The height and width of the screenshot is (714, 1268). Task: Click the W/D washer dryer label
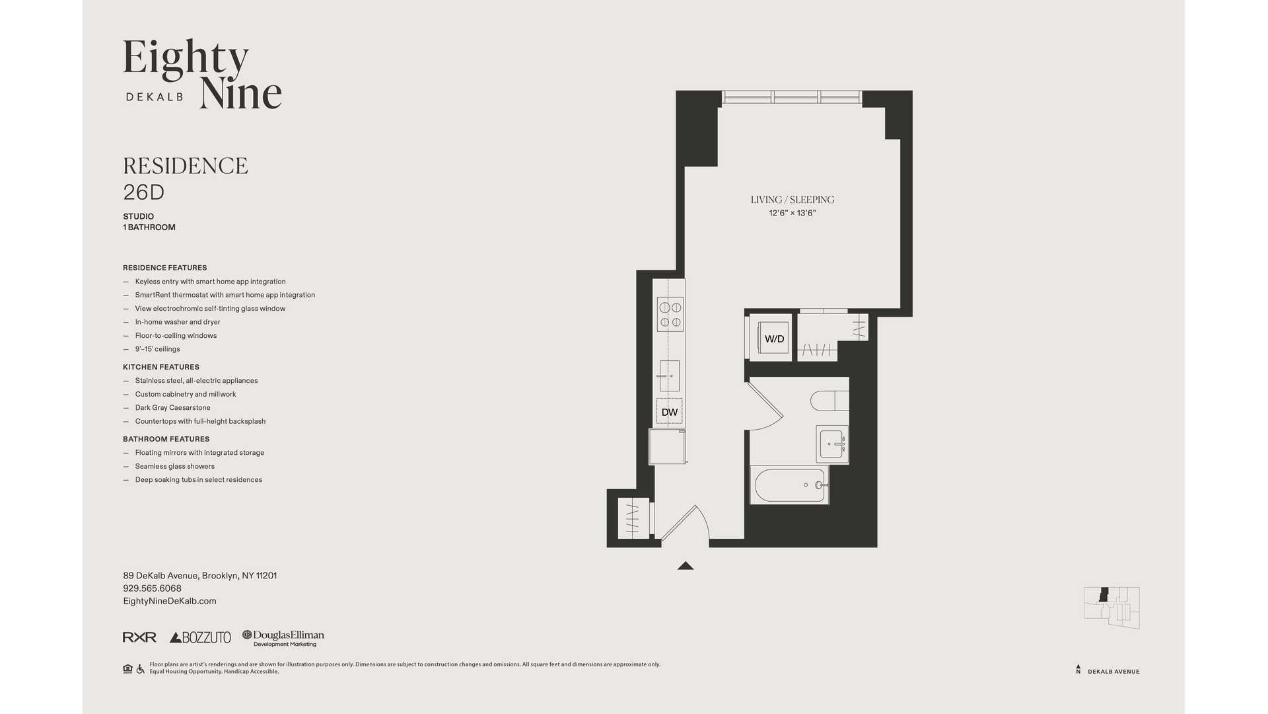point(774,339)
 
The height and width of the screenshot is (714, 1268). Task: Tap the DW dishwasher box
point(669,412)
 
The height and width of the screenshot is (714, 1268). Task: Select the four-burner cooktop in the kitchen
point(670,315)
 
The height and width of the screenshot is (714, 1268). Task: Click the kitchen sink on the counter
point(669,376)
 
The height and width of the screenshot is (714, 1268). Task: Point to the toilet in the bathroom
point(829,401)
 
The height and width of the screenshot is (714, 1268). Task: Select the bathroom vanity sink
point(831,444)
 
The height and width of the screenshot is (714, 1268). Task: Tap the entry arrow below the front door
point(685,566)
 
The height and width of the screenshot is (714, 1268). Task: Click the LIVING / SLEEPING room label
point(792,200)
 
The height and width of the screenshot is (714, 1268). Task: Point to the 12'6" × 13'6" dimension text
point(792,214)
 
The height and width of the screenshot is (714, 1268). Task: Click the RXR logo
point(139,637)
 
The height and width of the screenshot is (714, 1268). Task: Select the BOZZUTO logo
point(200,637)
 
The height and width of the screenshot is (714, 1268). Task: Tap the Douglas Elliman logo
point(283,637)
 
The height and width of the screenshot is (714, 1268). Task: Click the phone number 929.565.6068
point(152,588)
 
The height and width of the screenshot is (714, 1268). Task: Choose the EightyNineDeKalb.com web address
point(170,601)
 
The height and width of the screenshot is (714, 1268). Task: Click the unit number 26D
point(143,192)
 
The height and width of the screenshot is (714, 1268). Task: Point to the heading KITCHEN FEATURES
point(161,367)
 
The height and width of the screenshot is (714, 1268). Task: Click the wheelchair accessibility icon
point(140,669)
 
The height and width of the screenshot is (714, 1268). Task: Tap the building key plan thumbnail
point(1111,607)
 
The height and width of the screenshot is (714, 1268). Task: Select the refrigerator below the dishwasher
point(667,447)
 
